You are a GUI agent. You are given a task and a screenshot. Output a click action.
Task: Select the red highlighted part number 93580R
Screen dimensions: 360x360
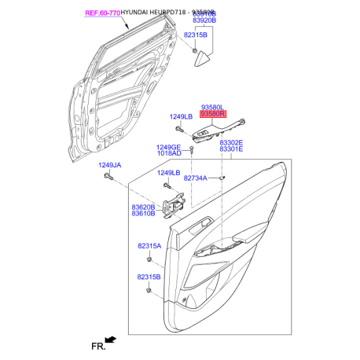pos(212,114)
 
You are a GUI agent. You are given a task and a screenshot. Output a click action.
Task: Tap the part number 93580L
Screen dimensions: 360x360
pos(212,105)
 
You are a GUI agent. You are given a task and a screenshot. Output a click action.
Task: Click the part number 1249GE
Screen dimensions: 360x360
pos(167,147)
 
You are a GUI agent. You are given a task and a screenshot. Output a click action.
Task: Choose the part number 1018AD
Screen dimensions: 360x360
pos(167,154)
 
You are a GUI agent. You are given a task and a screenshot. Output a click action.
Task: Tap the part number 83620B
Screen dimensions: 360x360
pos(143,207)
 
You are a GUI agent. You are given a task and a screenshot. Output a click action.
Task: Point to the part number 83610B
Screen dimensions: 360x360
pos(143,214)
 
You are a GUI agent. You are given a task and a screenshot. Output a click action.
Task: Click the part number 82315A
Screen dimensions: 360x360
pos(149,246)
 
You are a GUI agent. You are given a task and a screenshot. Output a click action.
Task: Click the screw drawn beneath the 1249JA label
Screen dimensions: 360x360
pos(107,178)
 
